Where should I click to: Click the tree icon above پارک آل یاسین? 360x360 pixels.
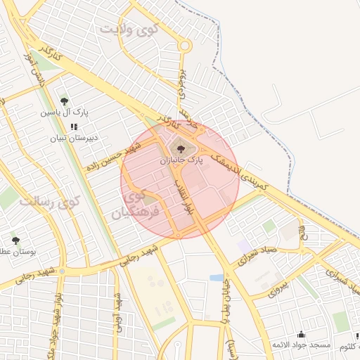click(x=65, y=101)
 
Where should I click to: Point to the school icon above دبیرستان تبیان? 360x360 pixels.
click(x=74, y=127)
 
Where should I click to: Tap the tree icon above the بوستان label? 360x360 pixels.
click(x=15, y=240)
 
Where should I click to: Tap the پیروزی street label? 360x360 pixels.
click(x=278, y=288)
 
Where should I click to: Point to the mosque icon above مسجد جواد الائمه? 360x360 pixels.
click(x=302, y=334)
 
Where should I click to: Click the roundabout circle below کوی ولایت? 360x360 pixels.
click(x=185, y=46)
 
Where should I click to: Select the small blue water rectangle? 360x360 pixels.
click(x=216, y=278)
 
